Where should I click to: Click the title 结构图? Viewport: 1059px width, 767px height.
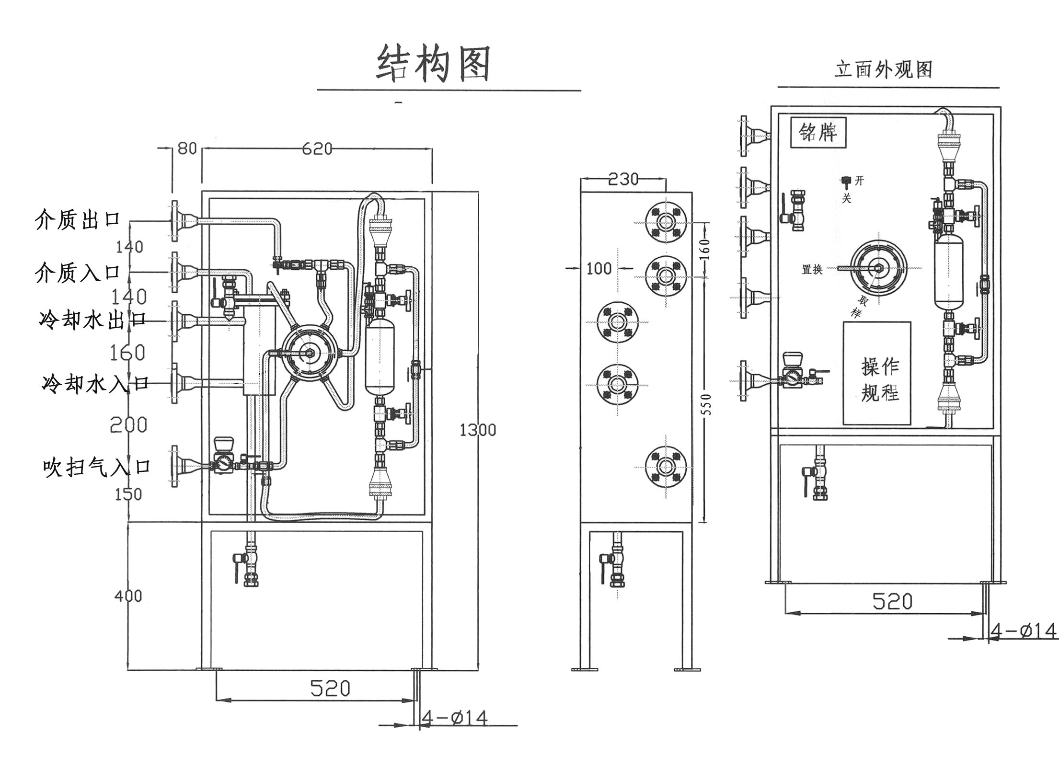[433, 64]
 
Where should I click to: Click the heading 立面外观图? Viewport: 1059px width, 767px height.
[884, 70]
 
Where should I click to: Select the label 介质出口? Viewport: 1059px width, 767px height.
[77, 220]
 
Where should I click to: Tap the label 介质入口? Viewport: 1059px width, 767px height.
[77, 273]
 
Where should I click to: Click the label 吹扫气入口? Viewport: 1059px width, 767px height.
[96, 467]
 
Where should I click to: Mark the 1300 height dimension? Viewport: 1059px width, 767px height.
[478, 430]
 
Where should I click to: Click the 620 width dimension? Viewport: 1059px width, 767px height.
[317, 149]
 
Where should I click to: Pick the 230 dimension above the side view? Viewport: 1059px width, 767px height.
[623, 179]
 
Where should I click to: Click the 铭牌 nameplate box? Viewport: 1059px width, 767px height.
[818, 132]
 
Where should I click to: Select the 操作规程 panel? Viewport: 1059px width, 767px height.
[877, 373]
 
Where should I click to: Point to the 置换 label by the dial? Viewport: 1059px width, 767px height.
[812, 269]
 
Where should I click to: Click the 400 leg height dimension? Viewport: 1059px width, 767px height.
[128, 596]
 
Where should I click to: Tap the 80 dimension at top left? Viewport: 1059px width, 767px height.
[187, 149]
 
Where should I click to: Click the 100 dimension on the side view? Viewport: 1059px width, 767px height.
[599, 268]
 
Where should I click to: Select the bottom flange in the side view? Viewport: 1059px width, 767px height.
[666, 467]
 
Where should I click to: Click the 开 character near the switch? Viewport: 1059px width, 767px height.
[859, 181]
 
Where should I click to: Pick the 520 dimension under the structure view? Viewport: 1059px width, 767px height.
[330, 688]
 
